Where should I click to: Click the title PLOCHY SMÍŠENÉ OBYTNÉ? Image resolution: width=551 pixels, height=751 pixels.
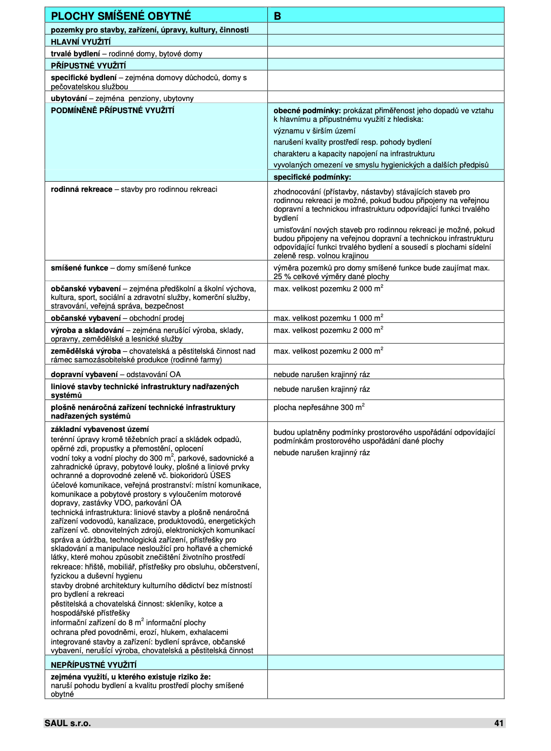click(121, 16)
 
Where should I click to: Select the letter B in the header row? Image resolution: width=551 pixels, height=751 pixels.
click(278, 16)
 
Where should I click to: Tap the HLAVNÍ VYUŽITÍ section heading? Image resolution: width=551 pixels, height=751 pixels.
click(81, 42)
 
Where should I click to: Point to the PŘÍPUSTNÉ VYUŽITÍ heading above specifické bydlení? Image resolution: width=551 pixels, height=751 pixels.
click(88, 65)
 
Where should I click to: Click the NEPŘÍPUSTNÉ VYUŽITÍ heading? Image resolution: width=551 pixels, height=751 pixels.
click(93, 665)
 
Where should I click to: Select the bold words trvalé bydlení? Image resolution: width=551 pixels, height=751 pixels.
click(75, 54)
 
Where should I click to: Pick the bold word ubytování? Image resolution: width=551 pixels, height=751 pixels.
click(68, 98)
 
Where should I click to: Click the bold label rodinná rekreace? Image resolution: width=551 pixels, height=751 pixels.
click(81, 189)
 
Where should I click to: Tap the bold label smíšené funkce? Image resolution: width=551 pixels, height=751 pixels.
click(79, 268)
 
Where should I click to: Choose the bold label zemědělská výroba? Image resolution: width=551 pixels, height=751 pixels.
click(86, 351)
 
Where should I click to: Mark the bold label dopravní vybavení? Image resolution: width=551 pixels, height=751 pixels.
click(84, 374)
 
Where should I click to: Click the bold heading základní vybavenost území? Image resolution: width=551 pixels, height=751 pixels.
click(100, 429)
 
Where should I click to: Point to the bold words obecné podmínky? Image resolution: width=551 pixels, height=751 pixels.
click(307, 111)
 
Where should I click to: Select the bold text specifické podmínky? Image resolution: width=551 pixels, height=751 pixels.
click(312, 177)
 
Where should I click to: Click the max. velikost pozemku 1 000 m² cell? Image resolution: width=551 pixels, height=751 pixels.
click(328, 318)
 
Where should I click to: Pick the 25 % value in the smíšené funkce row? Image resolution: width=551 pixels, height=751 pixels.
click(281, 277)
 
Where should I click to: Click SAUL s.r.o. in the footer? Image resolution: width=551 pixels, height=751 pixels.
click(67, 723)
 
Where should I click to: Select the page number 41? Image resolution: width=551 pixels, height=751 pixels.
click(499, 723)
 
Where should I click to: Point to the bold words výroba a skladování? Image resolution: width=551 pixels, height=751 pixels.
click(87, 330)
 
